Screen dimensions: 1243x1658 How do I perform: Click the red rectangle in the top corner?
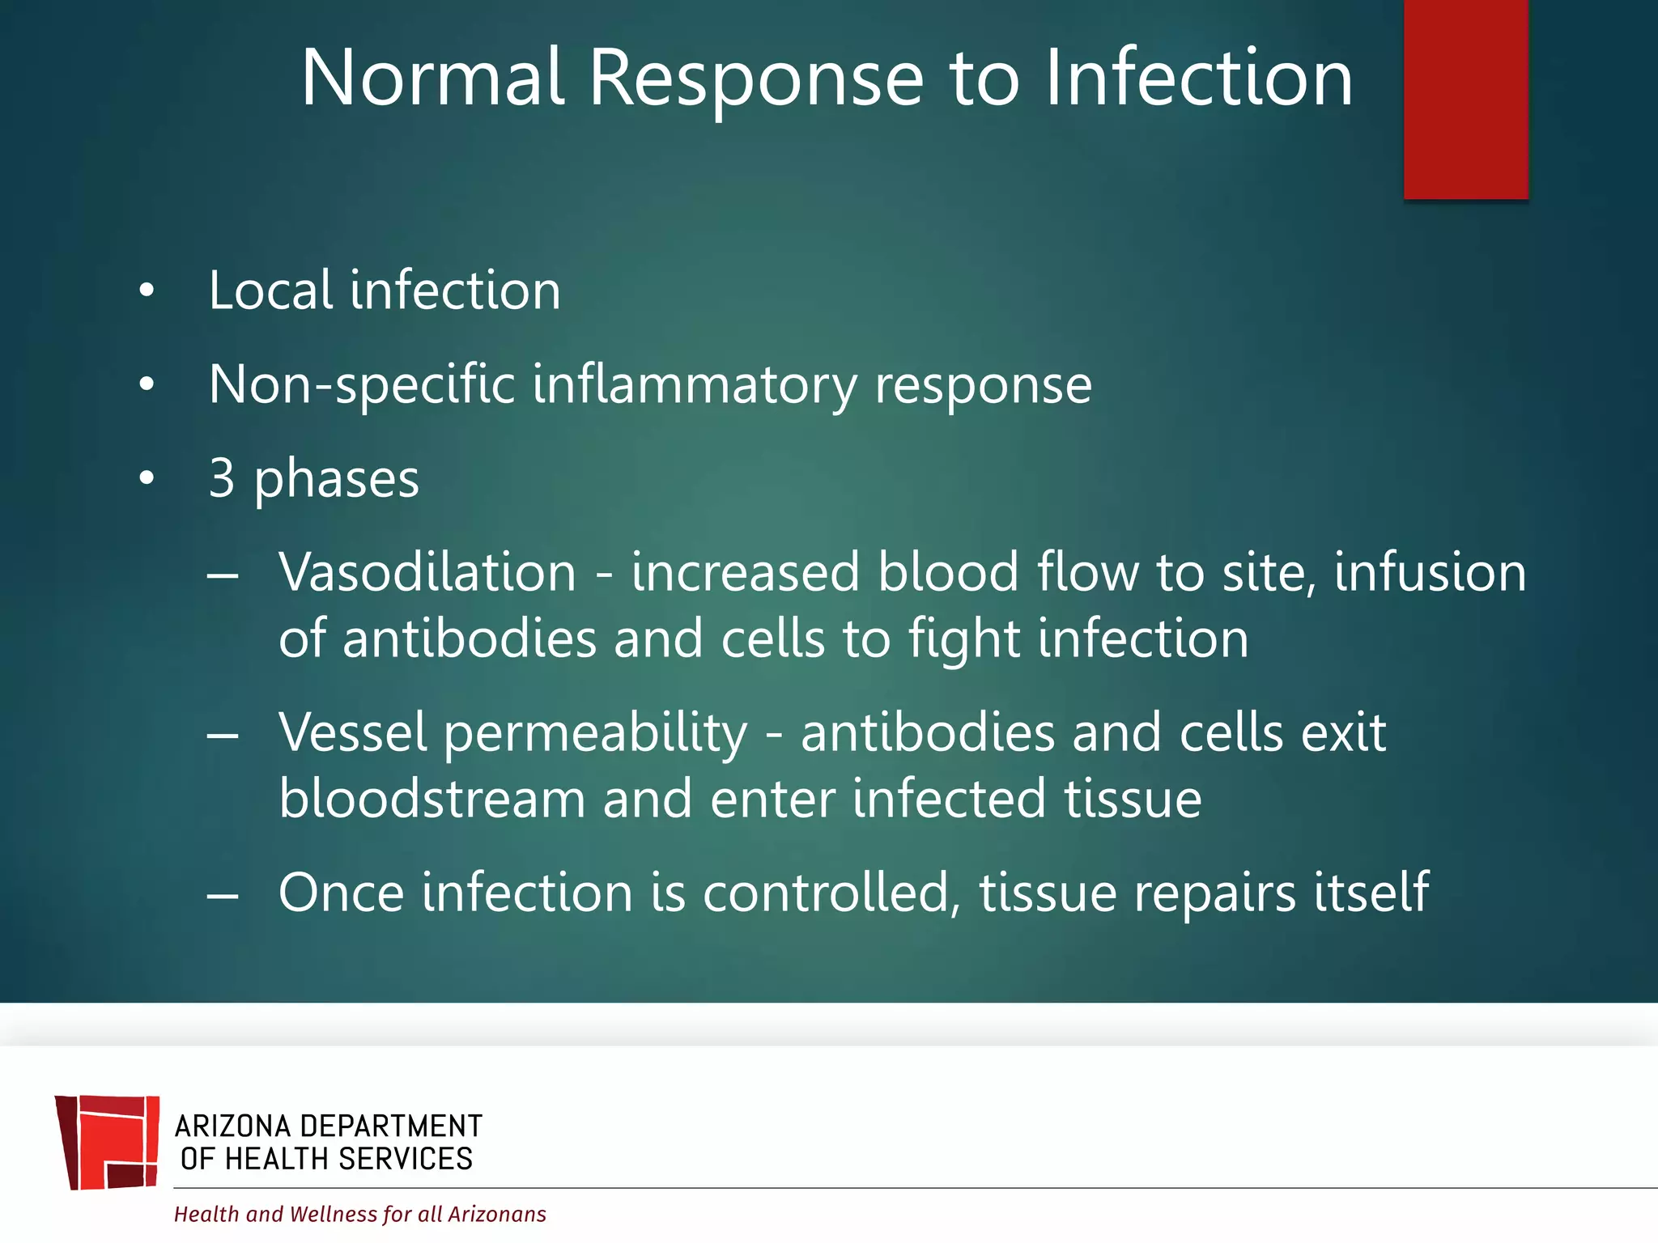[x=1465, y=99]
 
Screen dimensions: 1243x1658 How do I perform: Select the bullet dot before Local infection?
[x=146, y=291]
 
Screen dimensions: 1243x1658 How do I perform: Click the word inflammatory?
[x=694, y=385]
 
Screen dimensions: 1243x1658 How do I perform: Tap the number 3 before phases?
[x=222, y=478]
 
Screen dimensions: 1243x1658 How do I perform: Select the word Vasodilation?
[x=427, y=572]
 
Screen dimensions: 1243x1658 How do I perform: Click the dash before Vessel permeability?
[x=223, y=735]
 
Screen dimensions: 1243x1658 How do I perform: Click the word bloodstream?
[x=432, y=799]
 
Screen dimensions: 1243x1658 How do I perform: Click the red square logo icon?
[x=107, y=1142]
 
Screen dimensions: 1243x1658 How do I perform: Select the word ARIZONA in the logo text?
[x=232, y=1126]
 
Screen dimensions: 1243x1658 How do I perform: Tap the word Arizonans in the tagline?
[x=497, y=1214]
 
